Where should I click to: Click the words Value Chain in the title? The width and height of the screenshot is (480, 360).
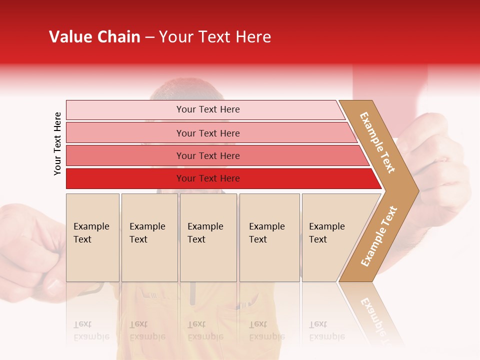(x=94, y=37)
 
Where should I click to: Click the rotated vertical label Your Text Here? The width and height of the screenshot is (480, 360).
(x=57, y=143)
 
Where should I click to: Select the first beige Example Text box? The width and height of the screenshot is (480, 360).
(x=92, y=237)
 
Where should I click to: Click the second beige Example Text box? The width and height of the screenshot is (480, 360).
(x=149, y=237)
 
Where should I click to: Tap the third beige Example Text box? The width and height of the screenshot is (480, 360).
(x=208, y=237)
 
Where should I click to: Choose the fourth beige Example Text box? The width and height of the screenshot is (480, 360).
(x=269, y=237)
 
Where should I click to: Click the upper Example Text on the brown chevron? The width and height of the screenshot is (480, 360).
(x=377, y=142)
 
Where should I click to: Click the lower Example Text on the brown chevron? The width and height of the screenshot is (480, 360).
(x=379, y=236)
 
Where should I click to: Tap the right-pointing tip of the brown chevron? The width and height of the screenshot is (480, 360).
(x=415, y=190)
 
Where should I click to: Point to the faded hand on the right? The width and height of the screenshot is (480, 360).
(x=440, y=165)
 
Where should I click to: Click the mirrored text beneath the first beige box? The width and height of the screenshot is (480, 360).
(x=91, y=330)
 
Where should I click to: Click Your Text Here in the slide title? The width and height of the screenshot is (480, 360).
(x=215, y=37)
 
